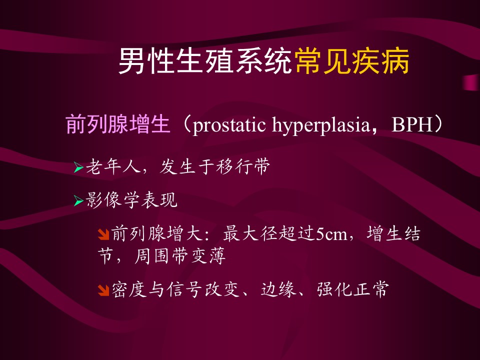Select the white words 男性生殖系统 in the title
pyautogui.click(x=205, y=61)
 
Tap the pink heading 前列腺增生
pyautogui.click(x=118, y=124)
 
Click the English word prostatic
pyautogui.click(x=229, y=125)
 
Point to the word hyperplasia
pyautogui.click(x=321, y=125)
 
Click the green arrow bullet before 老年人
pyautogui.click(x=78, y=168)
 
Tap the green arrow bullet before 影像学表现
pyautogui.click(x=78, y=201)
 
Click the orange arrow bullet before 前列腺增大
pyautogui.click(x=104, y=234)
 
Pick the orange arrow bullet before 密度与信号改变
pyautogui.click(x=104, y=290)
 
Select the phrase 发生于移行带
pyautogui.click(x=215, y=167)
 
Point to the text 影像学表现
pyautogui.click(x=131, y=200)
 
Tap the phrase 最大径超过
pyautogui.click(x=269, y=233)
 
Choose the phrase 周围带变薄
pyautogui.click(x=180, y=256)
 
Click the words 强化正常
pyautogui.click(x=353, y=289)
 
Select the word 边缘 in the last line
pyautogui.click(x=278, y=289)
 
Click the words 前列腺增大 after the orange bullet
pyautogui.click(x=156, y=233)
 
